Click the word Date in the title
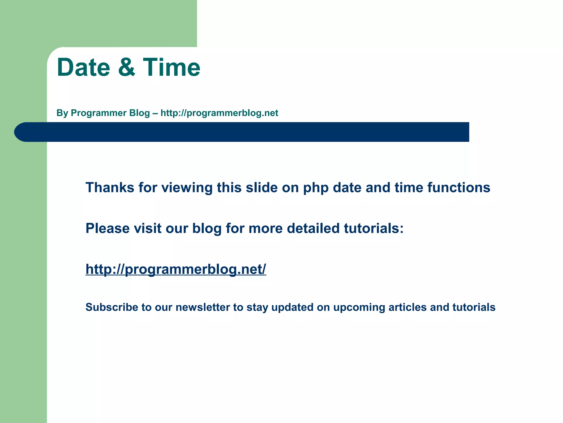[83, 67]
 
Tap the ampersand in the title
[126, 67]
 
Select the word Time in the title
[172, 67]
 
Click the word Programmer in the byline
[110, 113]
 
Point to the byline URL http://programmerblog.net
[219, 113]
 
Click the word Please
[107, 228]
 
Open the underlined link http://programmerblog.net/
[176, 269]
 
